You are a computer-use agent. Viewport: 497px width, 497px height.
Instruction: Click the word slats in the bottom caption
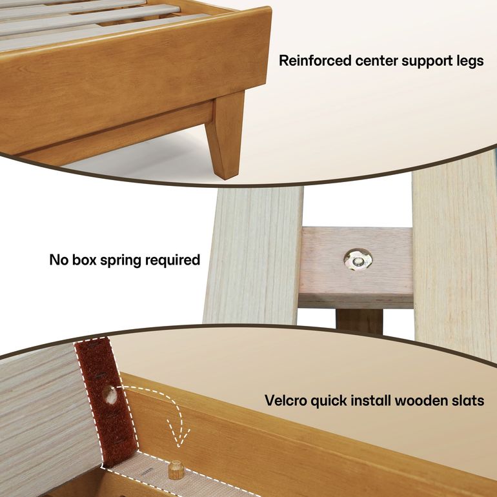(x=467, y=400)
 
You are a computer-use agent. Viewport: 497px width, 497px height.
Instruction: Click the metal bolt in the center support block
(x=357, y=260)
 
